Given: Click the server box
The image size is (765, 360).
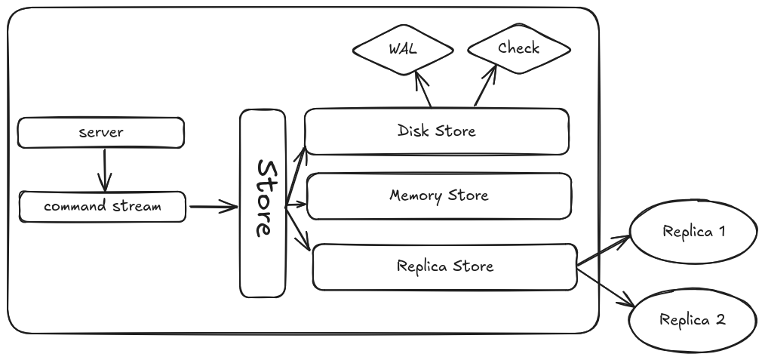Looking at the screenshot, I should [100, 133].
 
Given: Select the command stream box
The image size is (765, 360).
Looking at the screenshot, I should [102, 206].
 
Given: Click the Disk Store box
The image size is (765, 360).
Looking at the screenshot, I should [436, 131].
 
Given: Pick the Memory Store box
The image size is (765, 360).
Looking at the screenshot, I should [438, 196].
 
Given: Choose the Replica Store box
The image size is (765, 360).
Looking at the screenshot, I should [444, 266].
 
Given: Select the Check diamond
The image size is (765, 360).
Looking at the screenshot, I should [518, 49].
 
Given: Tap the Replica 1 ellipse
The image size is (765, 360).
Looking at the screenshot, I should [693, 232].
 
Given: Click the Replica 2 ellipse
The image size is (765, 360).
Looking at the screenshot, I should [692, 320].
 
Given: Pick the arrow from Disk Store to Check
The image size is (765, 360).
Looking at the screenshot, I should [484, 85].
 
